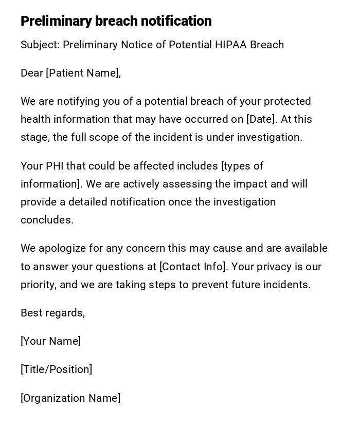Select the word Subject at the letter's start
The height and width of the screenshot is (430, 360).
coord(39,45)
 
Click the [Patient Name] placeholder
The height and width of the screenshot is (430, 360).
coord(82,73)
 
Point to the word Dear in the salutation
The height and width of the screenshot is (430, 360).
coord(31,73)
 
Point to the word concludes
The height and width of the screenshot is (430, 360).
coord(47,220)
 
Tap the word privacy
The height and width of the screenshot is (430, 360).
coord(277,267)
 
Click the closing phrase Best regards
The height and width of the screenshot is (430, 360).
coord(52,313)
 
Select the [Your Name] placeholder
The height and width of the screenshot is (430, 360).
coord(50,342)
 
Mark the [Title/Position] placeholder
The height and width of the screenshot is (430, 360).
coord(56,370)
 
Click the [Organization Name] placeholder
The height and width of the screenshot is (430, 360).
coord(70,399)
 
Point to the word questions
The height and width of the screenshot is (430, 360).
coord(133,267)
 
